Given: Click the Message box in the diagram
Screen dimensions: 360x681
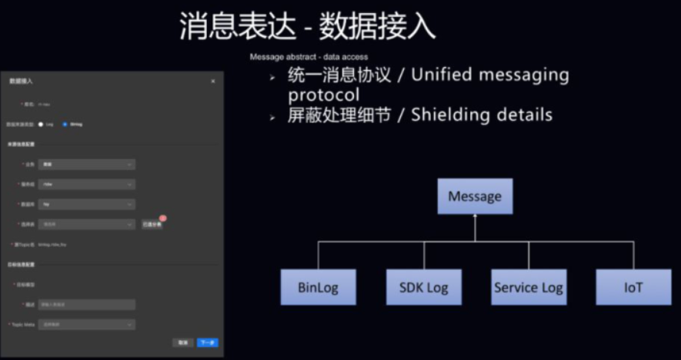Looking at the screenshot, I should click(475, 196).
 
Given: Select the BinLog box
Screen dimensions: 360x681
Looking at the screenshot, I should click(318, 287).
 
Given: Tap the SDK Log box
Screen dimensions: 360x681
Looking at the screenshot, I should click(423, 287).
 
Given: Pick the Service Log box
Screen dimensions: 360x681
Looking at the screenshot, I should click(528, 287).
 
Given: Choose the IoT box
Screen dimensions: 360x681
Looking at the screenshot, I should click(633, 287).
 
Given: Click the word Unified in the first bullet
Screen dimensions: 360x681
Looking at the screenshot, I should click(454, 75).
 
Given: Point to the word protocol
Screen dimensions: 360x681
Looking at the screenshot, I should click(324, 95).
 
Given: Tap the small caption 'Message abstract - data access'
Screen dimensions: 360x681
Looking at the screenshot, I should click(309, 57).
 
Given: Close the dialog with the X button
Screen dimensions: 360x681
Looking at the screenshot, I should click(213, 81).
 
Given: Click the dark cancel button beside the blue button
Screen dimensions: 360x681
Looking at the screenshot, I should click(182, 342).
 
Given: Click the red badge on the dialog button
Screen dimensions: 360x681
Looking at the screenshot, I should click(163, 219).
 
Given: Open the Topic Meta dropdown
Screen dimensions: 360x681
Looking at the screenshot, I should click(87, 325).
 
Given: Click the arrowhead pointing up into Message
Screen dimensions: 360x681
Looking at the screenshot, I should click(475, 218).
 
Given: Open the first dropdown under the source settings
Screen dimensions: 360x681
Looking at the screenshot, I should click(87, 164).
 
